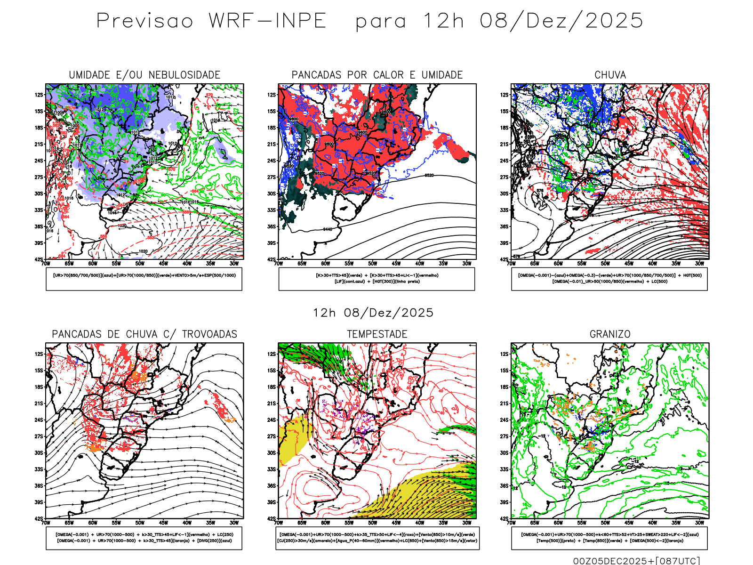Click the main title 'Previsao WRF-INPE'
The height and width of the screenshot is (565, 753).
[x=211, y=21]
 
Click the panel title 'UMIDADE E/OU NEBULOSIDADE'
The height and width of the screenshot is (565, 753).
[x=144, y=75]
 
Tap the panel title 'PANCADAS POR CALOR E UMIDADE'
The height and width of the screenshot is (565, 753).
[x=377, y=75]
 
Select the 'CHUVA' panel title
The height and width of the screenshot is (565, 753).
[x=610, y=75]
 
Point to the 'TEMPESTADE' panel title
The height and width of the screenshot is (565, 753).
[x=377, y=334]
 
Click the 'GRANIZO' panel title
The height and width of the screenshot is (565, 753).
[x=610, y=334]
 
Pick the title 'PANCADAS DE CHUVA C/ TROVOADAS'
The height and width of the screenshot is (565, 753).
[x=144, y=334]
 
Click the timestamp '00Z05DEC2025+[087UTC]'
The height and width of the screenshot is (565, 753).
[x=636, y=560]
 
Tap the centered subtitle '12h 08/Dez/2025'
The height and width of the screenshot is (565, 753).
[x=373, y=313]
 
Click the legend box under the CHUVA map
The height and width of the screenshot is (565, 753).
[x=609, y=279]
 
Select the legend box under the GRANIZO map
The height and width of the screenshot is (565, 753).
[x=609, y=538]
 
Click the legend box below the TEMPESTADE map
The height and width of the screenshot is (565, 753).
[x=377, y=538]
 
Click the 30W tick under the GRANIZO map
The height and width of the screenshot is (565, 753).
[x=700, y=523]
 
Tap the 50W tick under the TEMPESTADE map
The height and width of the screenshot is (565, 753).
[x=373, y=523]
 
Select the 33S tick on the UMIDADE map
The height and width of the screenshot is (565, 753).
[x=39, y=210]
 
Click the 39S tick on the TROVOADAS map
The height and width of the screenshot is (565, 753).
[x=39, y=502]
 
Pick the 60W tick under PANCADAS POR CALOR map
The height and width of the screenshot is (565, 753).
[x=326, y=264]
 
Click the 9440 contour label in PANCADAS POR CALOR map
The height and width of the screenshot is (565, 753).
[x=328, y=229]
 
